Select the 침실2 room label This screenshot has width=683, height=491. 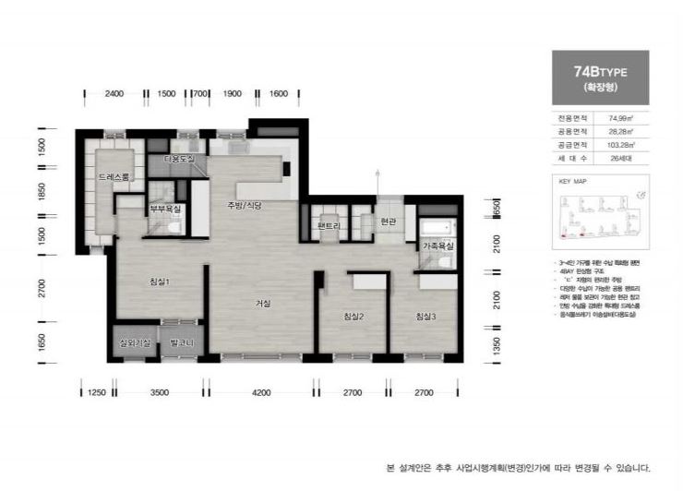pyautogui.click(x=353, y=318)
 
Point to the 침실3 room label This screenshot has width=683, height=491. pyautogui.click(x=425, y=318)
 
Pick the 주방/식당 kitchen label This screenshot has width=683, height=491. pyautogui.click(x=245, y=205)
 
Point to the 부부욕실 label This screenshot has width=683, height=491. pyautogui.click(x=165, y=209)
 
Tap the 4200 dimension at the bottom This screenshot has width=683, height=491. pyautogui.click(x=261, y=393)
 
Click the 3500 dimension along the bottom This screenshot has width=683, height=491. pyautogui.click(x=159, y=393)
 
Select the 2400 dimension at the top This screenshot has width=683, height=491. pyautogui.click(x=114, y=94)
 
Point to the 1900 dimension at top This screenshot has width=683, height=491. pyautogui.click(x=233, y=94)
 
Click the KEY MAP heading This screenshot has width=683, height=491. pyautogui.click(x=573, y=182)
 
